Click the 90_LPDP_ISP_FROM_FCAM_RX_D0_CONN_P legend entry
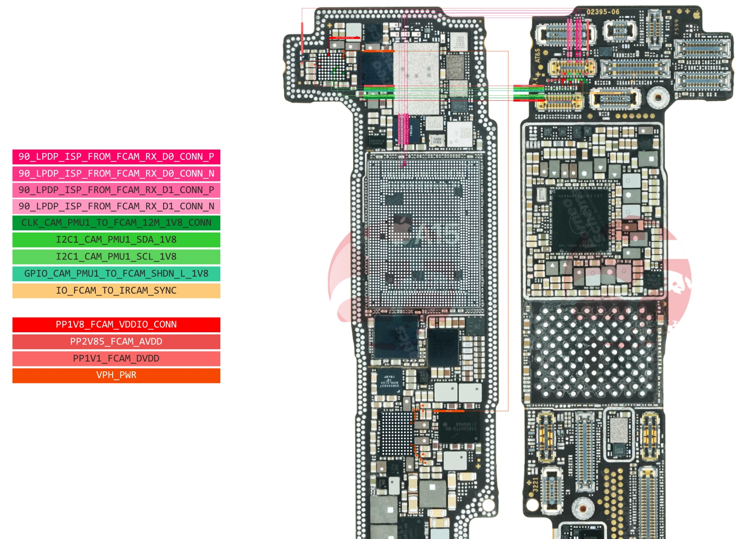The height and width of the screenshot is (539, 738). point(116,157)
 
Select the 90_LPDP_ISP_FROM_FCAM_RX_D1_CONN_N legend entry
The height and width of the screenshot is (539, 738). point(116,206)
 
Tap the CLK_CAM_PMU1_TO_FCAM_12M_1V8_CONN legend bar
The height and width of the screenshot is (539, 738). point(116,223)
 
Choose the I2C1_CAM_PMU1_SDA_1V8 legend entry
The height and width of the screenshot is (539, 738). point(116,240)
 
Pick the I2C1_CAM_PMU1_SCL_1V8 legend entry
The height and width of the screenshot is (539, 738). point(116,256)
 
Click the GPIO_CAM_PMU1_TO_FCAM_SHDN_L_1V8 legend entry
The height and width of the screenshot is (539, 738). point(116,273)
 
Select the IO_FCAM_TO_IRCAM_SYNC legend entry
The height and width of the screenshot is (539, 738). point(116,291)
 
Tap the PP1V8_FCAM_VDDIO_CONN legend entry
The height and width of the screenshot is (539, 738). point(116,324)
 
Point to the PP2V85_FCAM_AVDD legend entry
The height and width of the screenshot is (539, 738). point(116,341)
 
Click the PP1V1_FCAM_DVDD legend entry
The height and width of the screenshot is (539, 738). point(116,358)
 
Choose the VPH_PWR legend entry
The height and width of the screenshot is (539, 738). point(116,375)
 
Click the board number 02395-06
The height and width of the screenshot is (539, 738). point(603,12)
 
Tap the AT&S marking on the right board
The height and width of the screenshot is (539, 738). point(538,55)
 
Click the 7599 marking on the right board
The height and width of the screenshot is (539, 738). point(677,27)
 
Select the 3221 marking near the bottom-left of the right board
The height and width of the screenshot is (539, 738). point(535,484)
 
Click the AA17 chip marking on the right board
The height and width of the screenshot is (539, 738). point(618,451)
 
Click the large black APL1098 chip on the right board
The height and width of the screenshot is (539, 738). point(580,220)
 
